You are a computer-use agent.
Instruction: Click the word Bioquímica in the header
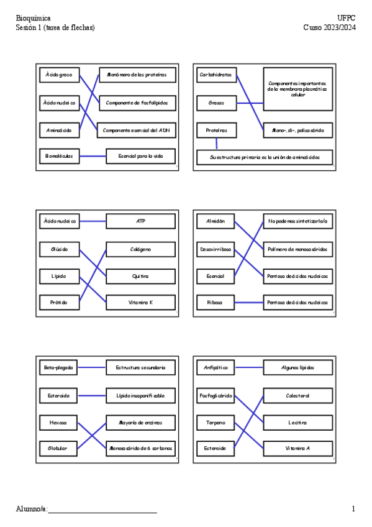point(33,19)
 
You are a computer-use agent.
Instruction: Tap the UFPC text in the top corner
point(347,19)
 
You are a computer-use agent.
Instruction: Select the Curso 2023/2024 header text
point(329,27)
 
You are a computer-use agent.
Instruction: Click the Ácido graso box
point(58,75)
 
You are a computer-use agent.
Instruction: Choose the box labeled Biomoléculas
point(58,156)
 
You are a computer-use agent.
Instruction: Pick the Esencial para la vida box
point(141,156)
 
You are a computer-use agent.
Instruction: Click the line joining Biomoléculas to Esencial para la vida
point(93,156)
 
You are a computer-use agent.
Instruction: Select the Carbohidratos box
point(215,75)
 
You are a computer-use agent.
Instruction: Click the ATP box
point(141,221)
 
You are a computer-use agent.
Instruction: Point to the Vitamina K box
point(141,303)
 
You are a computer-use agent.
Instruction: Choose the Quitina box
point(141,275)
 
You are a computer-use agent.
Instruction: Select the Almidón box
point(215,221)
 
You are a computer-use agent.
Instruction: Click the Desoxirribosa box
point(215,249)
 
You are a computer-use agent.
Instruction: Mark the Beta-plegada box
point(58,368)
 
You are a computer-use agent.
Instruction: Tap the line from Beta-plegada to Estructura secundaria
point(93,368)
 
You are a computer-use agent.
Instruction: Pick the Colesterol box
point(297,395)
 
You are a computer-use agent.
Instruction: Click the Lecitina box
point(297,423)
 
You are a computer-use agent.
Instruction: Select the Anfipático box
point(215,368)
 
